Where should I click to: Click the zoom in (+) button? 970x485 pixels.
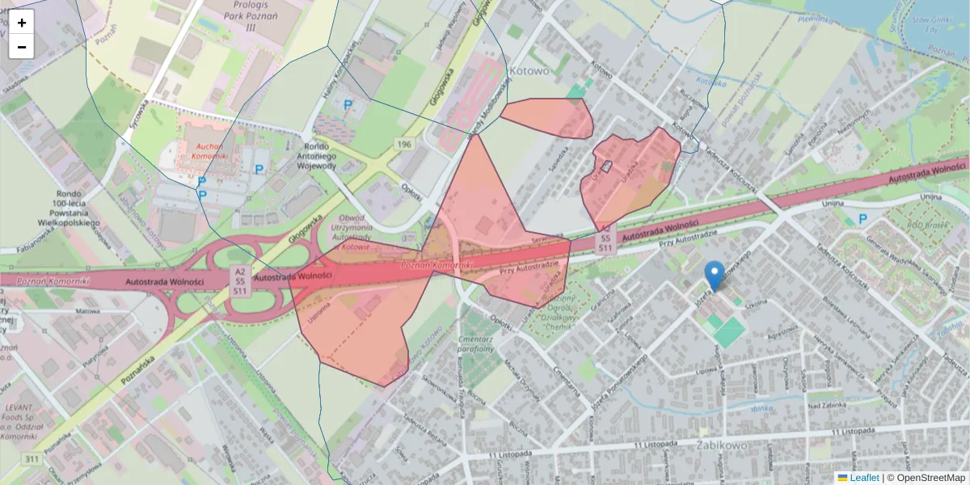[22, 23]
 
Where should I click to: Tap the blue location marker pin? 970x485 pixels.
[714, 276]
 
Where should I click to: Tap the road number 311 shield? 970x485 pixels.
[32, 459]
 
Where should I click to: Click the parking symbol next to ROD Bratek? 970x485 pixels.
[862, 218]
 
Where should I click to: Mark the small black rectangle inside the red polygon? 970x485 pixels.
[608, 167]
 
